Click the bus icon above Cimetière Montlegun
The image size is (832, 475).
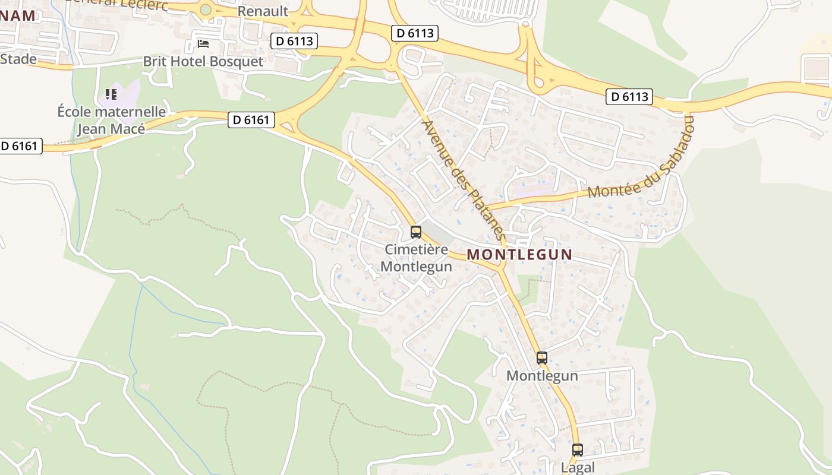click(x=416, y=232)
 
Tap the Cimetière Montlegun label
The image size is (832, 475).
click(x=416, y=258)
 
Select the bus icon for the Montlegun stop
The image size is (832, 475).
click(x=542, y=358)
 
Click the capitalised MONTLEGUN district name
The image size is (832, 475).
click(x=519, y=255)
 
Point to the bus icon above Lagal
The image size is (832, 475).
click(x=578, y=450)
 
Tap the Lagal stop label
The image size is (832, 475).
click(x=578, y=467)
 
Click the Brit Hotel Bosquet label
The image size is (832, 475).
click(x=203, y=62)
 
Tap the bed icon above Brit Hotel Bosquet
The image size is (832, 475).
click(x=203, y=44)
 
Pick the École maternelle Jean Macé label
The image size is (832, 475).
click(x=112, y=120)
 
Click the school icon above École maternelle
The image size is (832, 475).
click(x=111, y=94)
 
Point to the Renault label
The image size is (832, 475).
click(x=263, y=11)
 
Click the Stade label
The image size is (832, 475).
click(x=18, y=59)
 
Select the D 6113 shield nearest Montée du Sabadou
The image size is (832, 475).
click(x=629, y=96)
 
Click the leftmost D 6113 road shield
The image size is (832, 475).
click(x=294, y=41)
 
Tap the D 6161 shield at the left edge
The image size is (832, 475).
click(x=20, y=146)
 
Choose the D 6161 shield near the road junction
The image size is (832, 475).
click(x=251, y=120)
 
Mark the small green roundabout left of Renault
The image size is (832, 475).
click(x=206, y=9)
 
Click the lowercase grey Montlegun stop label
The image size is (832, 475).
click(x=542, y=376)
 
